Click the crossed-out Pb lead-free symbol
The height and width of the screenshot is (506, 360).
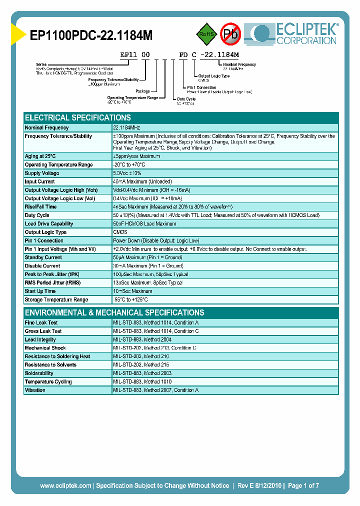231,34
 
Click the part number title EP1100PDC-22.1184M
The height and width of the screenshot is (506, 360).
91,35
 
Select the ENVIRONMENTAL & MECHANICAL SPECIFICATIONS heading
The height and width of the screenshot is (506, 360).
114,312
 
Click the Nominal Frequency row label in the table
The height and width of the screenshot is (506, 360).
47,128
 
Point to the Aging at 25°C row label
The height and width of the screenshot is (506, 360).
40,156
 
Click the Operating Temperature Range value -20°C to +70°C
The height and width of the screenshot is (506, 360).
129,164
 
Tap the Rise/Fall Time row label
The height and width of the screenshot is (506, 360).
41,206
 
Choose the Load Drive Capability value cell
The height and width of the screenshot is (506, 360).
145,223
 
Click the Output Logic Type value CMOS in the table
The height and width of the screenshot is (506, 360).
120,232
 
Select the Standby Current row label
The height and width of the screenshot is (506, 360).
43,257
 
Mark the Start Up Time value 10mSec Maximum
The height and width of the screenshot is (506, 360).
133,291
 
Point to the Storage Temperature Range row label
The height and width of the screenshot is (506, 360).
56,299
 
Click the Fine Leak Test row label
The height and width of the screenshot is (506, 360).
41,322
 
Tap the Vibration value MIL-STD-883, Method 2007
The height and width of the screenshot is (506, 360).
156,390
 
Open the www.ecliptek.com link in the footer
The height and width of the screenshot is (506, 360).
65,485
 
